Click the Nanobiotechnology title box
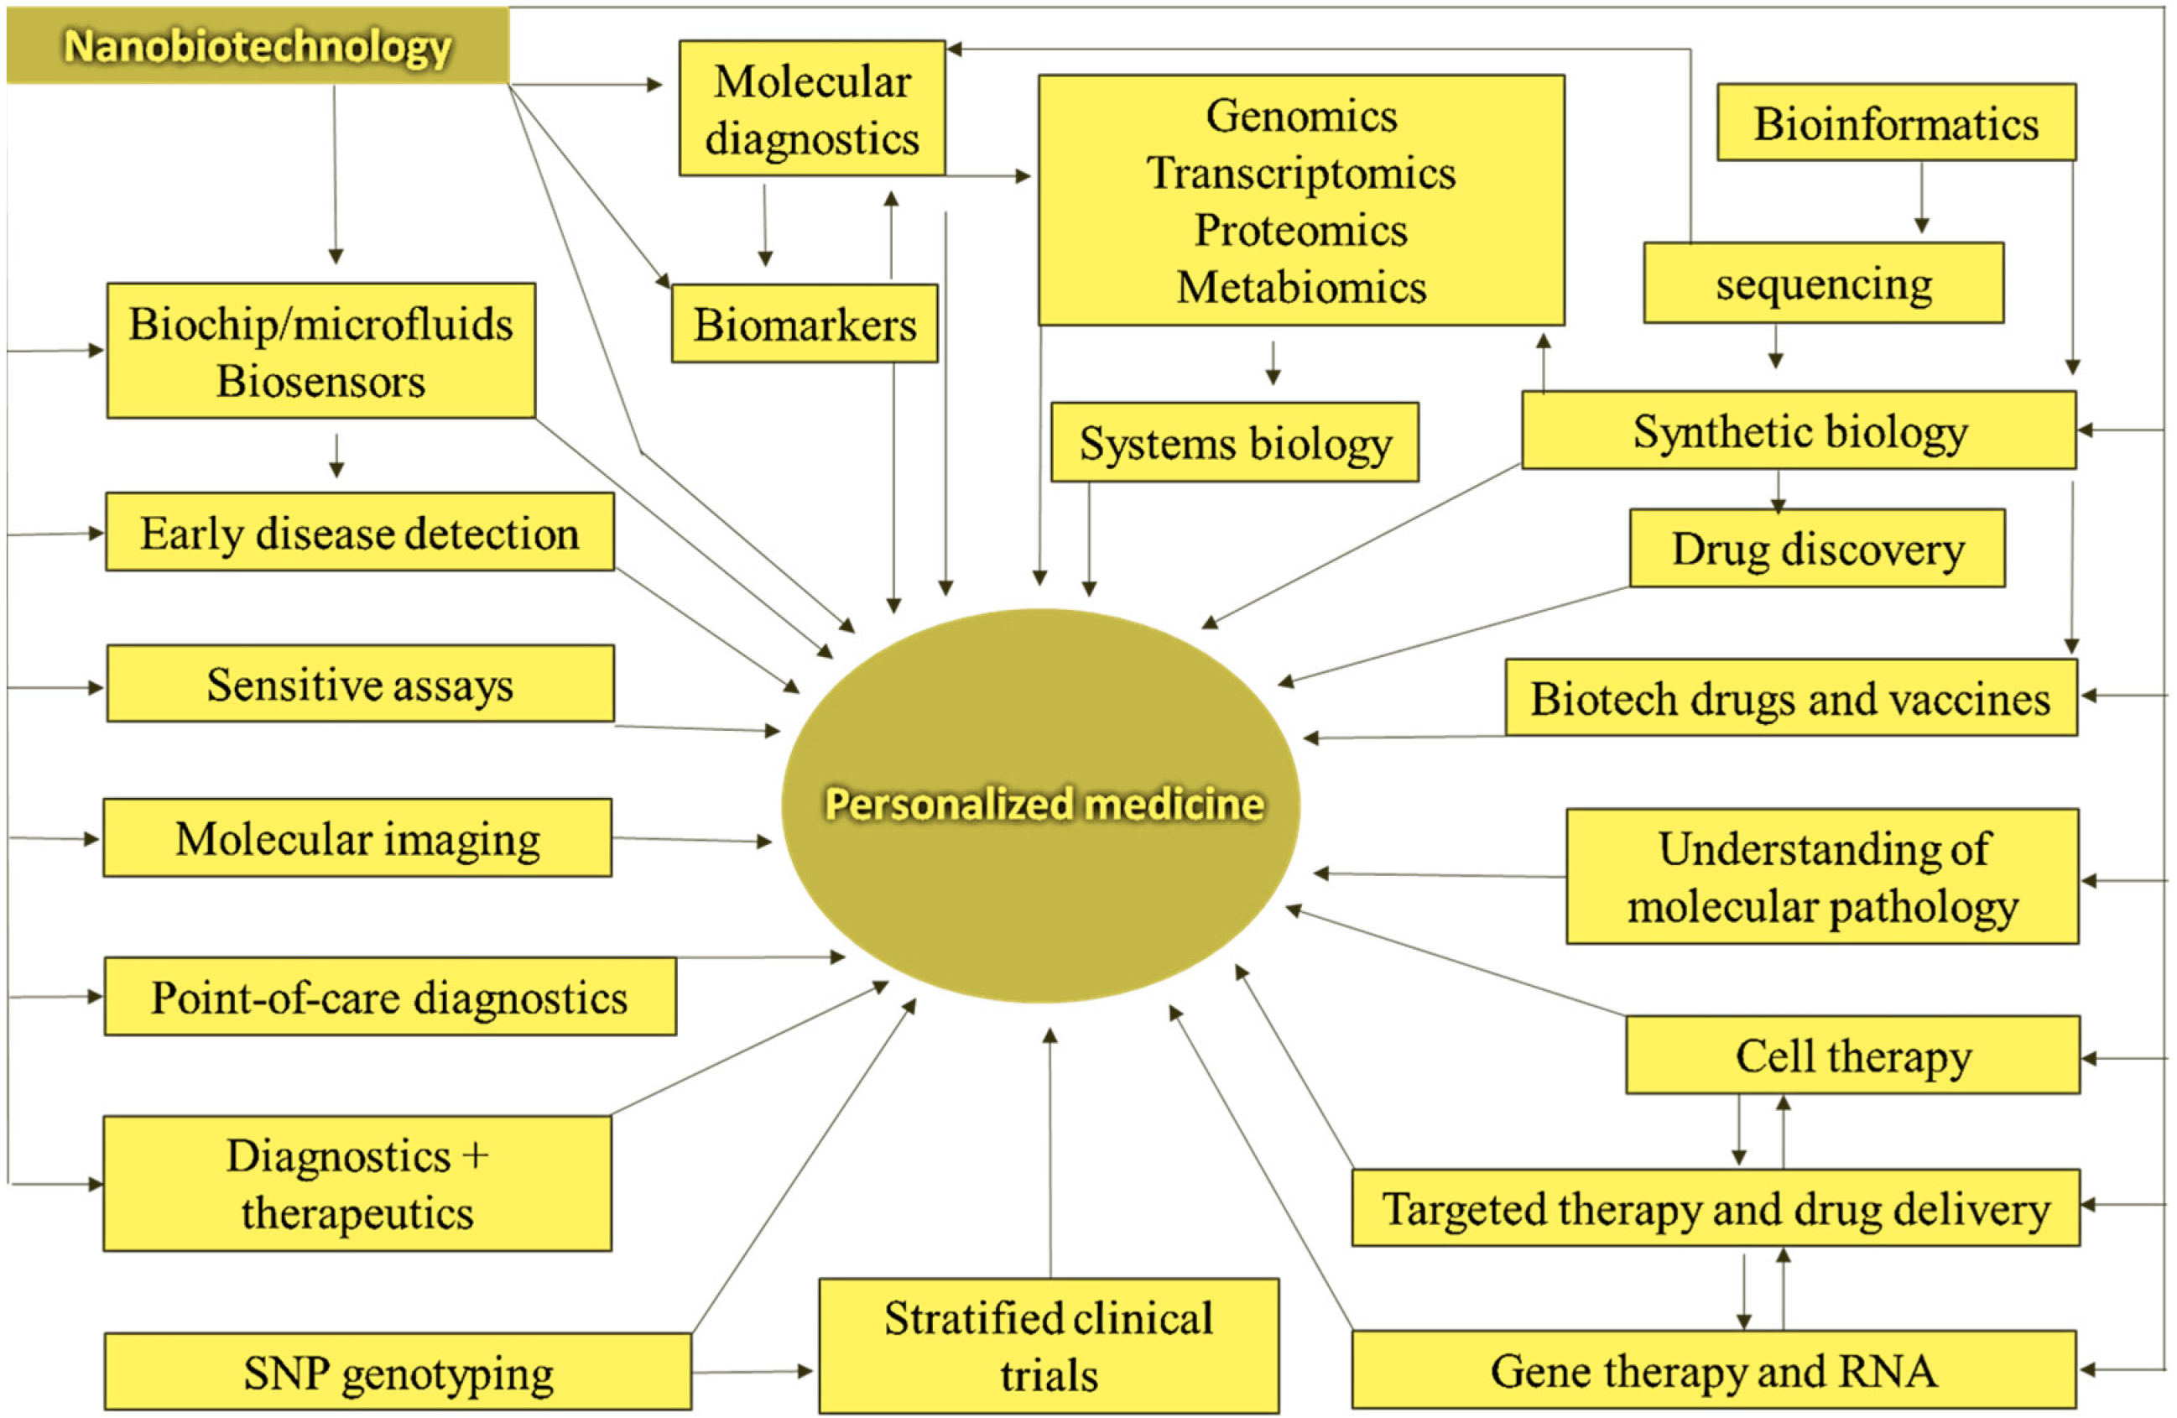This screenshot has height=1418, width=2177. (257, 46)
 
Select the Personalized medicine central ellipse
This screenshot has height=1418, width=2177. (1041, 805)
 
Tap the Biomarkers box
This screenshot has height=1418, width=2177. (804, 324)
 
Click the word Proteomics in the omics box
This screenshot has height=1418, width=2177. (1300, 230)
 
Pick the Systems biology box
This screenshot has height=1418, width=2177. (1234, 443)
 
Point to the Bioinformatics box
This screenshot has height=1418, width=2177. (1895, 123)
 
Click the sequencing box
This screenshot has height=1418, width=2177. (1823, 283)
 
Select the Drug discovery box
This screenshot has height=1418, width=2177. (1816, 548)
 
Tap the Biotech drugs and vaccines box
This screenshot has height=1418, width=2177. (1790, 698)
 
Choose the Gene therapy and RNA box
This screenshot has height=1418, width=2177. (1713, 1369)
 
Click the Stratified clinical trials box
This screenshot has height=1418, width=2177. (1049, 1345)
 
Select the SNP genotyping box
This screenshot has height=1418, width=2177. (398, 1371)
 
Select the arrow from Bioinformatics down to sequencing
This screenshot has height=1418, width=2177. (1921, 196)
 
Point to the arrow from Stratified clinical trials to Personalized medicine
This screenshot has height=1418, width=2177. (1050, 1153)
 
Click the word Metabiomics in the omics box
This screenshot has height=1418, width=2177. (1300, 287)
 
